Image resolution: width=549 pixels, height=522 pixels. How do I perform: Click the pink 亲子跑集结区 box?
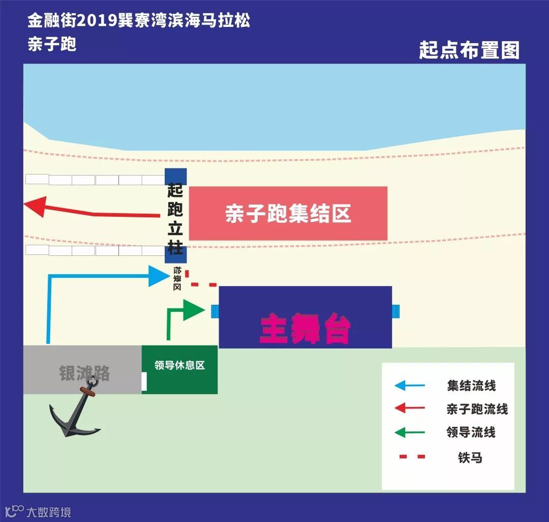click(288, 213)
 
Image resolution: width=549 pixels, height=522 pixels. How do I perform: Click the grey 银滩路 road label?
click(84, 373)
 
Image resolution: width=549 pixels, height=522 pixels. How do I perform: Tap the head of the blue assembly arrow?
click(158, 276)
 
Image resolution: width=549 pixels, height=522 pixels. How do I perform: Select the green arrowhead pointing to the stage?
click(193, 310)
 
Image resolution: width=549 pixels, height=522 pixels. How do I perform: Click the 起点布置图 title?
click(469, 50)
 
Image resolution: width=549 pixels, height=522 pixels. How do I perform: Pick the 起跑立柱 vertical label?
click(175, 215)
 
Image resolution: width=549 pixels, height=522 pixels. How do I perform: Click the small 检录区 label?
click(177, 278)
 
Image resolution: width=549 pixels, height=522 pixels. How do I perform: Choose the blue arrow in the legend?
click(409, 386)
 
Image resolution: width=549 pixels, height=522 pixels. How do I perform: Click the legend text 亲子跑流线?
click(477, 409)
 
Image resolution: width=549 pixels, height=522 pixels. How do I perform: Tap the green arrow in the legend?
click(409, 433)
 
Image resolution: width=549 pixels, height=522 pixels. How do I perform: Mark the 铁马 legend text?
click(470, 457)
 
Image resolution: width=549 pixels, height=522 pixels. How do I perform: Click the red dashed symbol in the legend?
click(412, 457)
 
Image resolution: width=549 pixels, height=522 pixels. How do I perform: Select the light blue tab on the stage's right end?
click(395, 310)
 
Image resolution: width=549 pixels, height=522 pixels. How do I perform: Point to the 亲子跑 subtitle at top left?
click(52, 44)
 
